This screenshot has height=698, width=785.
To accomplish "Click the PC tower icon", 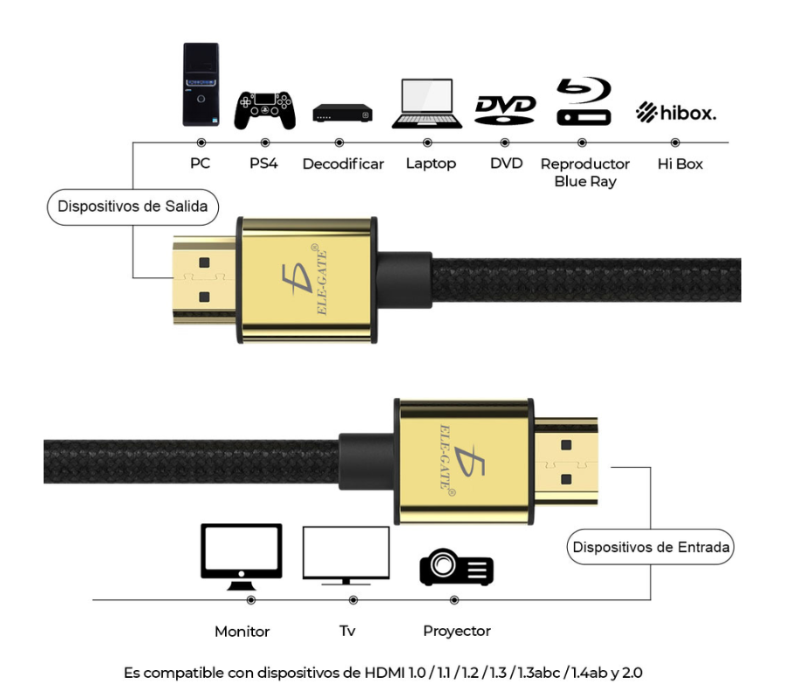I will tap(201, 85).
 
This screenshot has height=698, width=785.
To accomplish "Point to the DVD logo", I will tap(505, 108).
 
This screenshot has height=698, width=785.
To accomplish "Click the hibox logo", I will tap(676, 113).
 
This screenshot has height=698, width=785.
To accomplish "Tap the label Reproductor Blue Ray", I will tap(584, 173).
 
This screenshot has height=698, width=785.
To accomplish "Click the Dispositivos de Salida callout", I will tap(133, 208).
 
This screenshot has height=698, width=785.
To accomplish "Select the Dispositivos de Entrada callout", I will tap(651, 548).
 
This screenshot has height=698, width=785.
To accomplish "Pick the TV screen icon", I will tap(345, 555).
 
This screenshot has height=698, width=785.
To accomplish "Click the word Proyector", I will tap(456, 631).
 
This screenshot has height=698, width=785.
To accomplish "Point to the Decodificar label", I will tap(343, 164).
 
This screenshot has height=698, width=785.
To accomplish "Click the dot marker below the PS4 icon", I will tap(265, 142).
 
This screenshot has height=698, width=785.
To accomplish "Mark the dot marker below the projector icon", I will tap(454, 600).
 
